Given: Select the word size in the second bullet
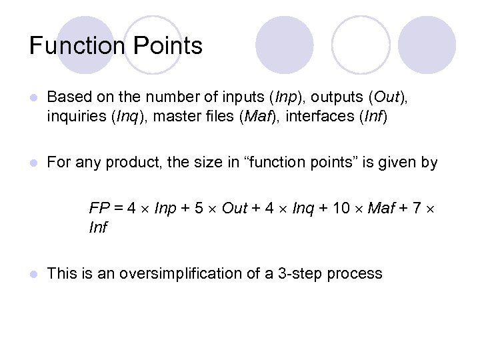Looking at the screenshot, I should [x=212, y=163].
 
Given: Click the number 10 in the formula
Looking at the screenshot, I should [x=341, y=209].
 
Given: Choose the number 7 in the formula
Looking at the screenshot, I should [x=417, y=209].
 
